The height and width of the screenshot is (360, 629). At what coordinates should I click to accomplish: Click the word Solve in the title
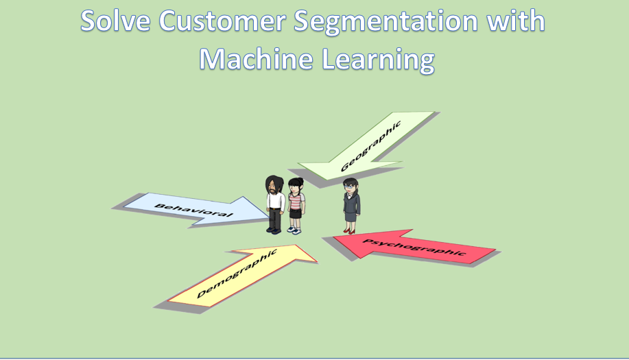click(115, 21)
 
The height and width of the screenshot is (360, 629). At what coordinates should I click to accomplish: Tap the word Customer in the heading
click(222, 21)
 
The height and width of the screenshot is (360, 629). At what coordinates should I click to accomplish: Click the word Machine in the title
click(256, 59)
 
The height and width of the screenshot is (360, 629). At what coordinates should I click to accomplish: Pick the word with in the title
click(515, 21)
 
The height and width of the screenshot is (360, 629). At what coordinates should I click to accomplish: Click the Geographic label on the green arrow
click(370, 146)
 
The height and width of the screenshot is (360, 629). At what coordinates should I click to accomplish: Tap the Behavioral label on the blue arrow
click(193, 210)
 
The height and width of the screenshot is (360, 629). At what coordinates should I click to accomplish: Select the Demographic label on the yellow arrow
click(237, 274)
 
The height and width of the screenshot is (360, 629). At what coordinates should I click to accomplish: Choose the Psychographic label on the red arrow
click(414, 247)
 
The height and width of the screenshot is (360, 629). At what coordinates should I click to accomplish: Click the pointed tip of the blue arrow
click(269, 217)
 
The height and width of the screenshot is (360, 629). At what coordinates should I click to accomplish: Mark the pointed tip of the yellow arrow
click(316, 262)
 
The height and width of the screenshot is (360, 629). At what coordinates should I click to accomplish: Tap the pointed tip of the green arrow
click(299, 164)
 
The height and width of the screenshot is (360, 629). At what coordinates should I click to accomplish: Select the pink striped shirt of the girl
click(296, 201)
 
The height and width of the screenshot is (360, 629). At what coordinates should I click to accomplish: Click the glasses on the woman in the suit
click(350, 187)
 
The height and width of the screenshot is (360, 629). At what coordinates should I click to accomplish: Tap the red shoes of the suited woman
click(349, 231)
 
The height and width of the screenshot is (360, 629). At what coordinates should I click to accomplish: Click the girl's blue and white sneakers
click(294, 230)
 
